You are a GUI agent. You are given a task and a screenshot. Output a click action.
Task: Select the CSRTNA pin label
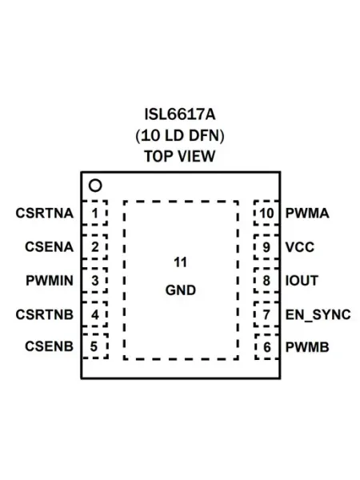(x=45, y=214)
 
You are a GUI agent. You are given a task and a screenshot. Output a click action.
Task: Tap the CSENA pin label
(x=50, y=247)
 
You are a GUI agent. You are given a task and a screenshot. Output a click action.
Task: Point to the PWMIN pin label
(x=50, y=281)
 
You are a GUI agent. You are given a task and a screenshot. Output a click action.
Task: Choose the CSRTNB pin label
(x=45, y=314)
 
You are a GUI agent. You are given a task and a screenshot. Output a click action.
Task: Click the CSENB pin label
(x=50, y=346)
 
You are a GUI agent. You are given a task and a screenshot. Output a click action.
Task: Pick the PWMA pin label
(x=307, y=214)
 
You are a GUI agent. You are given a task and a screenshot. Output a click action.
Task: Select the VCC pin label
(x=300, y=247)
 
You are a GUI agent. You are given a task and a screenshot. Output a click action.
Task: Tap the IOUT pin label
(x=302, y=281)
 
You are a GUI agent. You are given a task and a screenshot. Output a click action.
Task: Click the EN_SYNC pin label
(x=318, y=314)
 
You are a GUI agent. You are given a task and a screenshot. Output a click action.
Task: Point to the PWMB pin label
(x=307, y=347)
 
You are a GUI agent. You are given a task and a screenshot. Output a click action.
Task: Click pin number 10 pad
(x=266, y=213)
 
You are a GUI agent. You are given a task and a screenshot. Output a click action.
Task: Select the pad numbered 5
(x=95, y=346)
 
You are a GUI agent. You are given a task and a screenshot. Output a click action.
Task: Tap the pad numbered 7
(x=266, y=314)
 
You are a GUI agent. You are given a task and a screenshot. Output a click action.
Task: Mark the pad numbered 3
(x=95, y=281)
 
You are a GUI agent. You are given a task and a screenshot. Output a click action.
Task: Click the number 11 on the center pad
(x=180, y=262)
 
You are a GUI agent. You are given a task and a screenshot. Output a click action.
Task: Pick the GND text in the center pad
(x=181, y=290)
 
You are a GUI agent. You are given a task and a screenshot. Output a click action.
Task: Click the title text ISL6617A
(x=180, y=114)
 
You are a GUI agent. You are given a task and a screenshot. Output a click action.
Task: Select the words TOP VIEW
(x=180, y=156)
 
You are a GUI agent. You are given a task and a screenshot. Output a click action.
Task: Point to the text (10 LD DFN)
(x=180, y=136)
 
